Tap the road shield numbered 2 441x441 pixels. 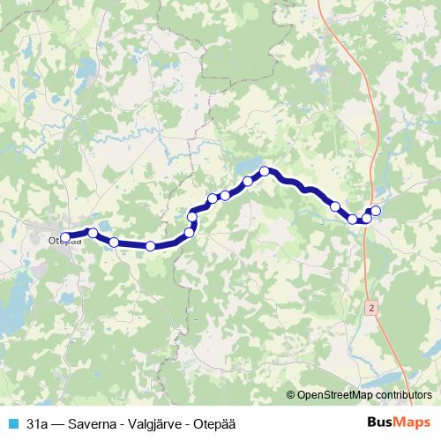click(x=373, y=307)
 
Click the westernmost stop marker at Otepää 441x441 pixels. click(x=65, y=236)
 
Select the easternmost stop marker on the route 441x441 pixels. click(x=376, y=210)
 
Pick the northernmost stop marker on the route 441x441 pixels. click(x=264, y=170)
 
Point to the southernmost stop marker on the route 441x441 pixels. click(x=151, y=246)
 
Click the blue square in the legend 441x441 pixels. click(x=12, y=422)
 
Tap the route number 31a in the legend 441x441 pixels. click(x=38, y=422)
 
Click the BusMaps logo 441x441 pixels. click(x=399, y=422)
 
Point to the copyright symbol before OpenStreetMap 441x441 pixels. click(x=291, y=396)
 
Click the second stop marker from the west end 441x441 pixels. click(x=92, y=233)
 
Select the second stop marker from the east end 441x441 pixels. click(x=367, y=217)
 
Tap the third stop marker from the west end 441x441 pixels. click(x=114, y=242)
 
